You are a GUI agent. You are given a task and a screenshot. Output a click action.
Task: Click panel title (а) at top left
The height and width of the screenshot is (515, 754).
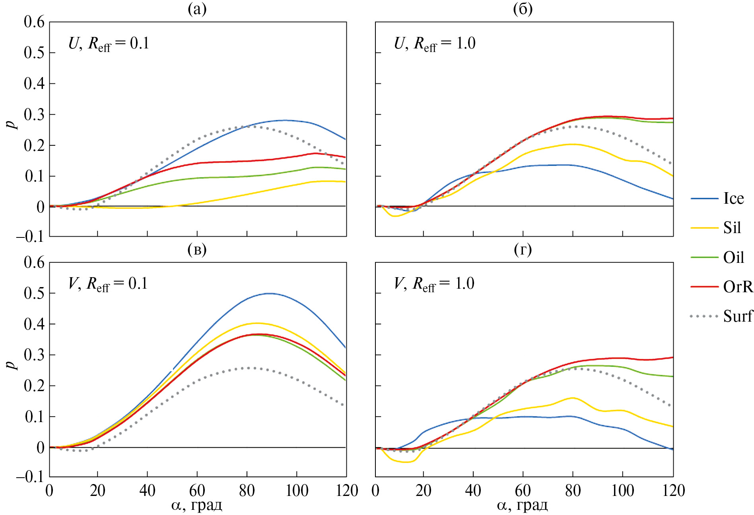click(x=197, y=9)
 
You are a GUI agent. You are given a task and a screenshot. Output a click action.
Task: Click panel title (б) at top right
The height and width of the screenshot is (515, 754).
click(x=523, y=9)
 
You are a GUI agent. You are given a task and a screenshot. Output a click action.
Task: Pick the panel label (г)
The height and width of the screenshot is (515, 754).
click(x=523, y=249)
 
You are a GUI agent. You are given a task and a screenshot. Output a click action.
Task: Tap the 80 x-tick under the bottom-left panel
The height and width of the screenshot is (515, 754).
click(x=247, y=491)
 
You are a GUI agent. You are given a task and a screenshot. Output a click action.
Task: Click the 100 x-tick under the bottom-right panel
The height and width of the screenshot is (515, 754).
click(x=622, y=491)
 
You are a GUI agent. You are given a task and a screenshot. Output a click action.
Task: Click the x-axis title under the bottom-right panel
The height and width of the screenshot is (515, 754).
click(x=522, y=505)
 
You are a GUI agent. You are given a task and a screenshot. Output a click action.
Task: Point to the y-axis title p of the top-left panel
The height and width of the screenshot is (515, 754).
click(x=13, y=123)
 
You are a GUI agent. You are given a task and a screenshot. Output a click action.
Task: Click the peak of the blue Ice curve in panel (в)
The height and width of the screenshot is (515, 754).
click(x=270, y=293)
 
